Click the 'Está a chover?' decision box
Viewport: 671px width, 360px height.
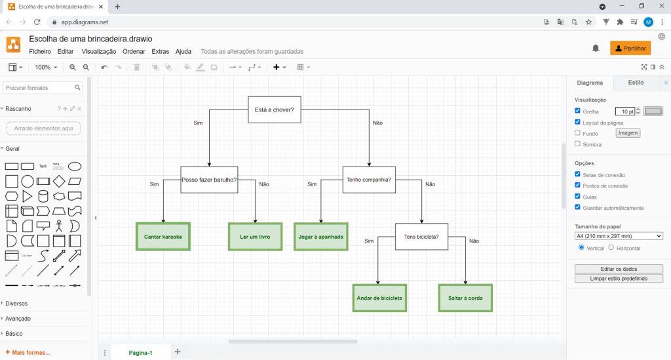click(x=275, y=110)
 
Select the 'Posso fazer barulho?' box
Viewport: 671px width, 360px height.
click(x=209, y=180)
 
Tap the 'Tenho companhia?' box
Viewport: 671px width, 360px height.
click(x=369, y=180)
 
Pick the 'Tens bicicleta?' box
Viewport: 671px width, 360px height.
click(x=421, y=237)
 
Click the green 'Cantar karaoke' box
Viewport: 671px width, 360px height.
click(x=163, y=237)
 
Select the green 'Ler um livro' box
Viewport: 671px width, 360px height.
click(x=255, y=237)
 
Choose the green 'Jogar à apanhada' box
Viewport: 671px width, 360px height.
click(x=321, y=237)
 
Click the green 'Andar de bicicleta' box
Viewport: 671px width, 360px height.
click(x=379, y=298)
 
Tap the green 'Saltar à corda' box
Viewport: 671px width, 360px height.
click(x=466, y=298)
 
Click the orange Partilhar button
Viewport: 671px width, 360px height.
click(x=630, y=49)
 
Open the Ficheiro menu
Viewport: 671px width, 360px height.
click(x=40, y=51)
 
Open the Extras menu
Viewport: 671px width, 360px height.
click(x=160, y=51)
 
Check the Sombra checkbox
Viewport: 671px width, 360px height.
click(x=578, y=144)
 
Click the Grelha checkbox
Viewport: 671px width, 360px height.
click(x=578, y=111)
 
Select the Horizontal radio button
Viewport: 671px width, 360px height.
click(x=611, y=247)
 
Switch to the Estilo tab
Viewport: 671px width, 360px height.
click(x=636, y=83)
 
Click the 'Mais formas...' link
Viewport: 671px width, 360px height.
click(x=28, y=353)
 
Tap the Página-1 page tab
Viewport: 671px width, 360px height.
click(x=140, y=353)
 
